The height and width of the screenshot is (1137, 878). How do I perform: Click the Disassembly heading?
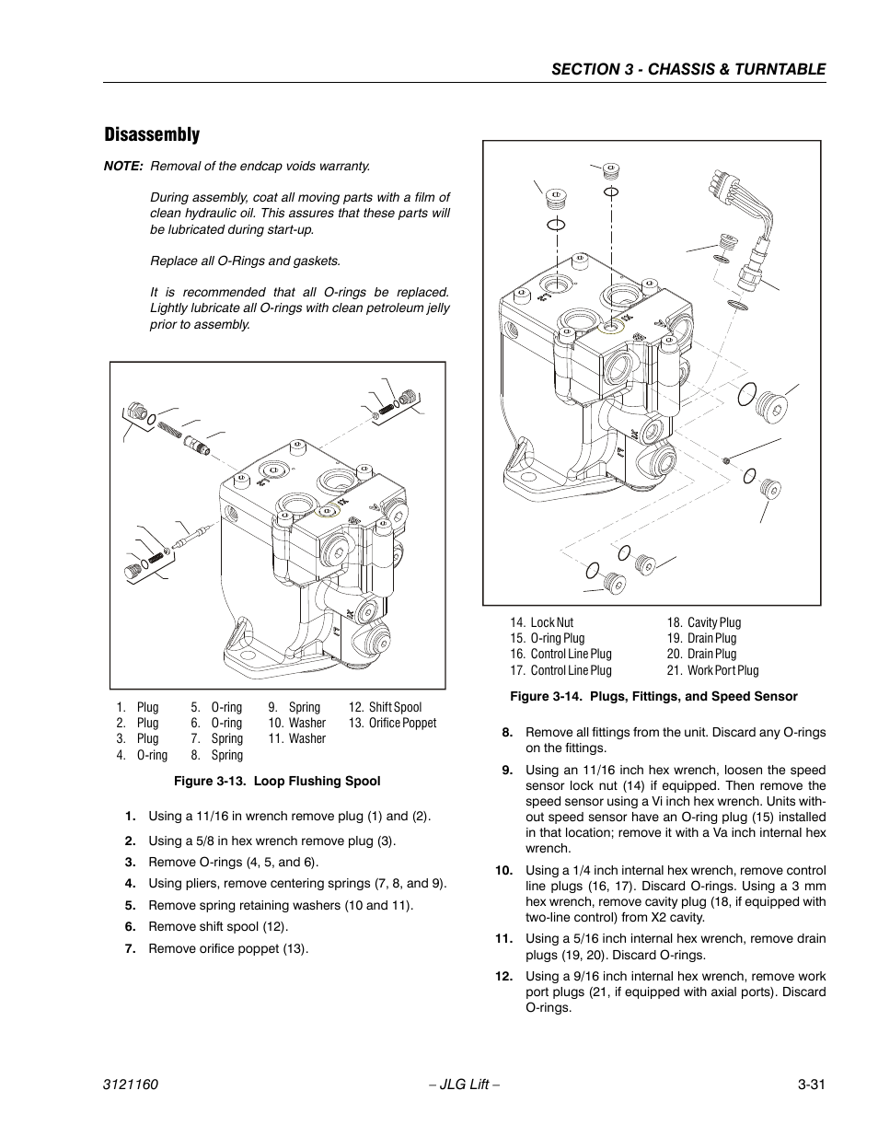(x=151, y=134)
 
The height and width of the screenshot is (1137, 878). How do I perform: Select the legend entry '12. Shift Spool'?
(x=385, y=708)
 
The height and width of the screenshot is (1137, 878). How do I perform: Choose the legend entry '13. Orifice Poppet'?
(x=392, y=724)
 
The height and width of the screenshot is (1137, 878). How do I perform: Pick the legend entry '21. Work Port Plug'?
(x=712, y=670)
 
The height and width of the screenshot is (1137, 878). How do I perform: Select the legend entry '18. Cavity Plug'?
(x=703, y=623)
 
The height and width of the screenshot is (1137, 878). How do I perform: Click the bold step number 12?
(x=503, y=976)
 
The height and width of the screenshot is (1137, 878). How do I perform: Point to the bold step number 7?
(x=131, y=949)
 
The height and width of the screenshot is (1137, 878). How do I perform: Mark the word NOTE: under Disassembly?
(x=123, y=167)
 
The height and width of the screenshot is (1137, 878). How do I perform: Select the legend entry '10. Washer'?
(x=296, y=724)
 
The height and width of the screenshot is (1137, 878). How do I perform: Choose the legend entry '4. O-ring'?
(x=142, y=756)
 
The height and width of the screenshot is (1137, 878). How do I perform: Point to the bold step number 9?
(x=507, y=771)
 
